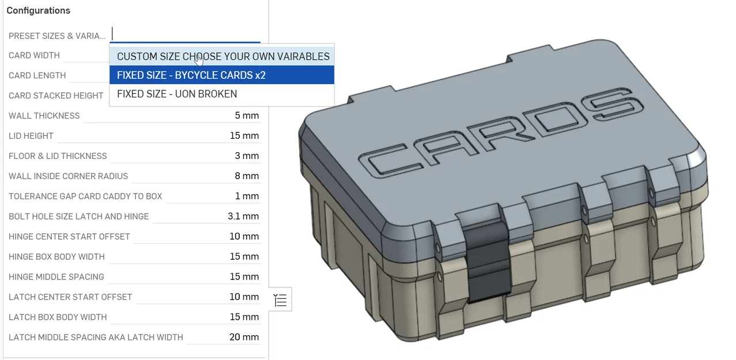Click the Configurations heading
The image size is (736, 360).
(x=38, y=10)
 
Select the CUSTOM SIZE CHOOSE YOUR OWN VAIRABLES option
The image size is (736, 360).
(x=222, y=56)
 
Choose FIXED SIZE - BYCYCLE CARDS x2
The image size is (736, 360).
(x=191, y=75)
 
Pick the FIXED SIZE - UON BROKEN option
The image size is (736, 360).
(x=176, y=94)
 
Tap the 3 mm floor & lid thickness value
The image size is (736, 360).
(x=246, y=156)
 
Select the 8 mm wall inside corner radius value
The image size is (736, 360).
(x=246, y=176)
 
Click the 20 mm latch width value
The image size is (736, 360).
(x=244, y=337)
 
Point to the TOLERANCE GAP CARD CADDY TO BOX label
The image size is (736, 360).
(x=85, y=196)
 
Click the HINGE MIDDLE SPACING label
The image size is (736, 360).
(x=56, y=277)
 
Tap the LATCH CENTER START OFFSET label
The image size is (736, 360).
(x=70, y=297)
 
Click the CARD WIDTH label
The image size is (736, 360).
(x=34, y=55)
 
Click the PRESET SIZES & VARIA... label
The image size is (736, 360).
(x=57, y=36)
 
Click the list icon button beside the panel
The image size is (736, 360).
(x=280, y=300)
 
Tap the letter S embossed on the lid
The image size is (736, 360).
(x=611, y=104)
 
